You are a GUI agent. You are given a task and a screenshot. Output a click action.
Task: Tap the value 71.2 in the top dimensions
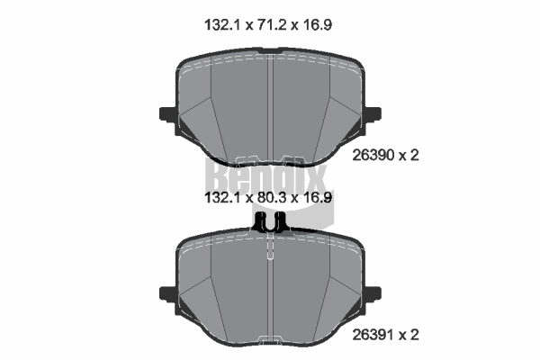(267, 25)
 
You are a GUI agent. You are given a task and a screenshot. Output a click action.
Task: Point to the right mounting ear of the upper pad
(372, 113)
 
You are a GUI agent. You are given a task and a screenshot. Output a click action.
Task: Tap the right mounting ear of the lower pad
(372, 293)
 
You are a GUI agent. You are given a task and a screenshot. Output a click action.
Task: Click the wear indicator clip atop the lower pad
(270, 221)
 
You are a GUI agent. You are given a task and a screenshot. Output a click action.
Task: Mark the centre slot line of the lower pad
(270, 288)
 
